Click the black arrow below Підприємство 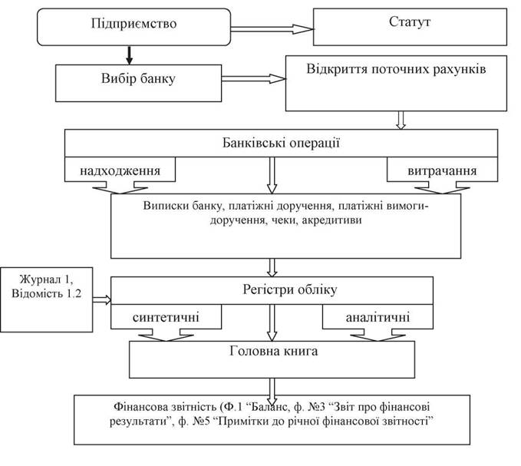[129, 55]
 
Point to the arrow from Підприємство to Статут [272, 29]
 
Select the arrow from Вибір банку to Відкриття [254, 79]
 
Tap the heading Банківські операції [281, 143]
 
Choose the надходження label [120, 171]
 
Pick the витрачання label [442, 171]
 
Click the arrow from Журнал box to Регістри [102, 299]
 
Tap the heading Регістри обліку [290, 289]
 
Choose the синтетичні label [166, 317]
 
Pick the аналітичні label [378, 317]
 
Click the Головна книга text [273, 351]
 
